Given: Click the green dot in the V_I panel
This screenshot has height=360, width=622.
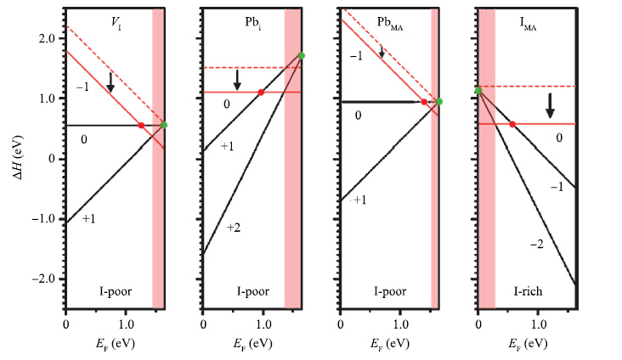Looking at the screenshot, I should click(164, 125).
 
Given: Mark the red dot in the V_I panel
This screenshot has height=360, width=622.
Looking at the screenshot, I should click(141, 126).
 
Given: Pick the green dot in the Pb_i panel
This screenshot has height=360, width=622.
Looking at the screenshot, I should click(302, 56).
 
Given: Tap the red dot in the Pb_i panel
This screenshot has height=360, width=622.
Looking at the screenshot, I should click(261, 92).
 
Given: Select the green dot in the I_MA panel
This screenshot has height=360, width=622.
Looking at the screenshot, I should click(478, 90).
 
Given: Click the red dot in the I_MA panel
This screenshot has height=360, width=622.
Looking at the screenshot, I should click(512, 124).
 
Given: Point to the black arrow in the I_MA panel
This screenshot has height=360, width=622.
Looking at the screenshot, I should click(550, 106).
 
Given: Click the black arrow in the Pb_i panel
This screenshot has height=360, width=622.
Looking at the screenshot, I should click(238, 79).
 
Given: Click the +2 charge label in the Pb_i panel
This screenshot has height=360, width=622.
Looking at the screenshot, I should click(235, 227).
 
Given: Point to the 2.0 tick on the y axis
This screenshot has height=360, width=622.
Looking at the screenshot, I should click(48, 38).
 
